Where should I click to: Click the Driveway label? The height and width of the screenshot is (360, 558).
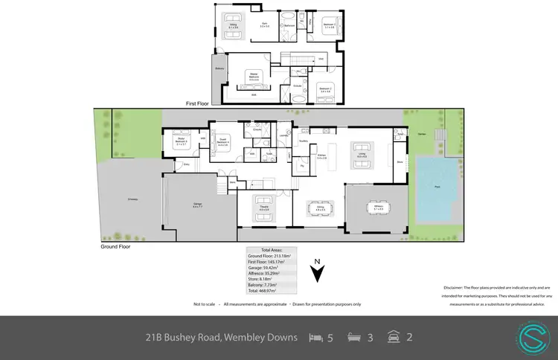click(132, 199)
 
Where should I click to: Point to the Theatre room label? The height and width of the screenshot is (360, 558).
click(263, 210)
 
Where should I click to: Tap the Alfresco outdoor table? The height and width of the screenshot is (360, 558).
click(379, 206)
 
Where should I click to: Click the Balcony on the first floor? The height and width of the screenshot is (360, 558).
click(219, 68)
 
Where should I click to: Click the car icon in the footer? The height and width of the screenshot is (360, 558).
click(391, 338)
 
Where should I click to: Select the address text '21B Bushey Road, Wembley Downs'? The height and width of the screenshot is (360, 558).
click(221, 338)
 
